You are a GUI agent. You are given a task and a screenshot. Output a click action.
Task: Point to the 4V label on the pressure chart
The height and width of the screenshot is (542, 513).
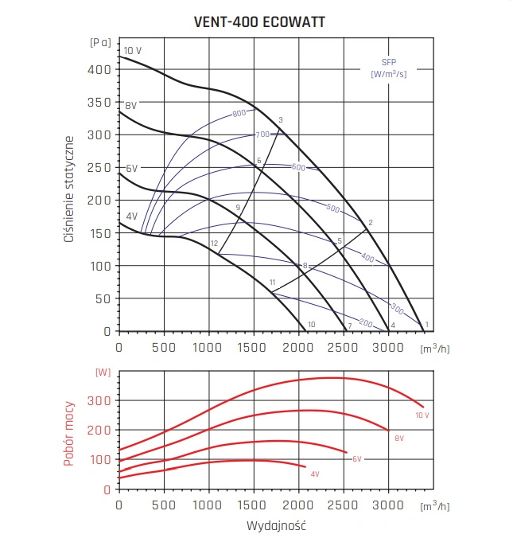tap(131, 216)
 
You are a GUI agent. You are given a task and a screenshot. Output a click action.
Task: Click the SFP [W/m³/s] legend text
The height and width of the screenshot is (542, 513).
tap(389, 68)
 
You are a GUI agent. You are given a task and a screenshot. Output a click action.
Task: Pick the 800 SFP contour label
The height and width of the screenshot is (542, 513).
tap(239, 114)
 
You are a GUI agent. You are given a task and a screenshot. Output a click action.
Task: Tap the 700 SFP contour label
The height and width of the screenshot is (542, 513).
tap(262, 135)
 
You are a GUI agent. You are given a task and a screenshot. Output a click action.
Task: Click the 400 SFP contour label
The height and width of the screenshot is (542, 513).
tap(367, 258)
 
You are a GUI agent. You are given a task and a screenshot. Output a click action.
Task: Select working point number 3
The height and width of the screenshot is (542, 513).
tap(281, 120)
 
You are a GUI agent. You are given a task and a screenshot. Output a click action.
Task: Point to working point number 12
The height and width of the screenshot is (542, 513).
tap(214, 243)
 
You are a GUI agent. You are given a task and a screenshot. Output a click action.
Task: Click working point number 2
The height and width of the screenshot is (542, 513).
tap(371, 222)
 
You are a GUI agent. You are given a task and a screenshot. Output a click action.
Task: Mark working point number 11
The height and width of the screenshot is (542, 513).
tap(272, 283)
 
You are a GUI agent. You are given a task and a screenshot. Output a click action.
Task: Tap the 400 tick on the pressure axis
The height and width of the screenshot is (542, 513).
tap(101, 69)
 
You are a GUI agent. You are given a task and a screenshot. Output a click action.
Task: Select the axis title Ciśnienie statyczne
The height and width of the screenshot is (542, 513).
tap(70, 188)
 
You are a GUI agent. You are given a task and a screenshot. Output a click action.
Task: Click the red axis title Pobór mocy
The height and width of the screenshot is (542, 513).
tap(70, 433)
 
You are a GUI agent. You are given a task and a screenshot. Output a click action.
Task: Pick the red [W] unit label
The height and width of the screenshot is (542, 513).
tap(103, 372)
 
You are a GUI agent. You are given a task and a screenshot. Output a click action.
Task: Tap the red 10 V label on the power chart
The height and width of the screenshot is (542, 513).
tap(422, 415)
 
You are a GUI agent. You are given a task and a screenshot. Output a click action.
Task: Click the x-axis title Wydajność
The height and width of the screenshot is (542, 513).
tap(276, 526)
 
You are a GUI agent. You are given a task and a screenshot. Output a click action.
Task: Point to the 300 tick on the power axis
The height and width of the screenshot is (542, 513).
tap(101, 400)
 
